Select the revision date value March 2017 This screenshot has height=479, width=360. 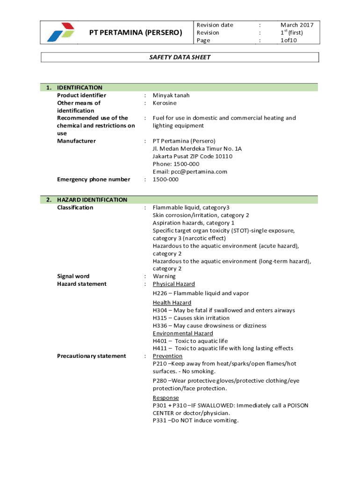(297, 25)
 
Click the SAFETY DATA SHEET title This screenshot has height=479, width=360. (180, 58)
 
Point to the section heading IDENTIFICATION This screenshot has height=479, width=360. (79, 87)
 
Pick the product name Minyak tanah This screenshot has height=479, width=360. (171, 95)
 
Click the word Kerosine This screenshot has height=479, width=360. (165, 103)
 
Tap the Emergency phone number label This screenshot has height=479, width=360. (94, 179)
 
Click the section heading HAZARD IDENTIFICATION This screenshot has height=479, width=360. (92, 200)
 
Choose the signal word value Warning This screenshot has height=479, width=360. (164, 276)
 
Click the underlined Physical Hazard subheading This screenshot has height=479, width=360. (174, 284)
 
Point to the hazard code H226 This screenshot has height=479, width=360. (160, 293)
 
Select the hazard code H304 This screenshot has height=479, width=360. (160, 310)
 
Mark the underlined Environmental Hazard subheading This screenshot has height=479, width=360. (183, 334)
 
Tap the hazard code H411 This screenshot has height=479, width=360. (160, 348)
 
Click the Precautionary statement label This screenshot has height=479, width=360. (91, 356)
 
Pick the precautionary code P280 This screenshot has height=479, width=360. (160, 381)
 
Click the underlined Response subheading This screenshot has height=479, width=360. (166, 398)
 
